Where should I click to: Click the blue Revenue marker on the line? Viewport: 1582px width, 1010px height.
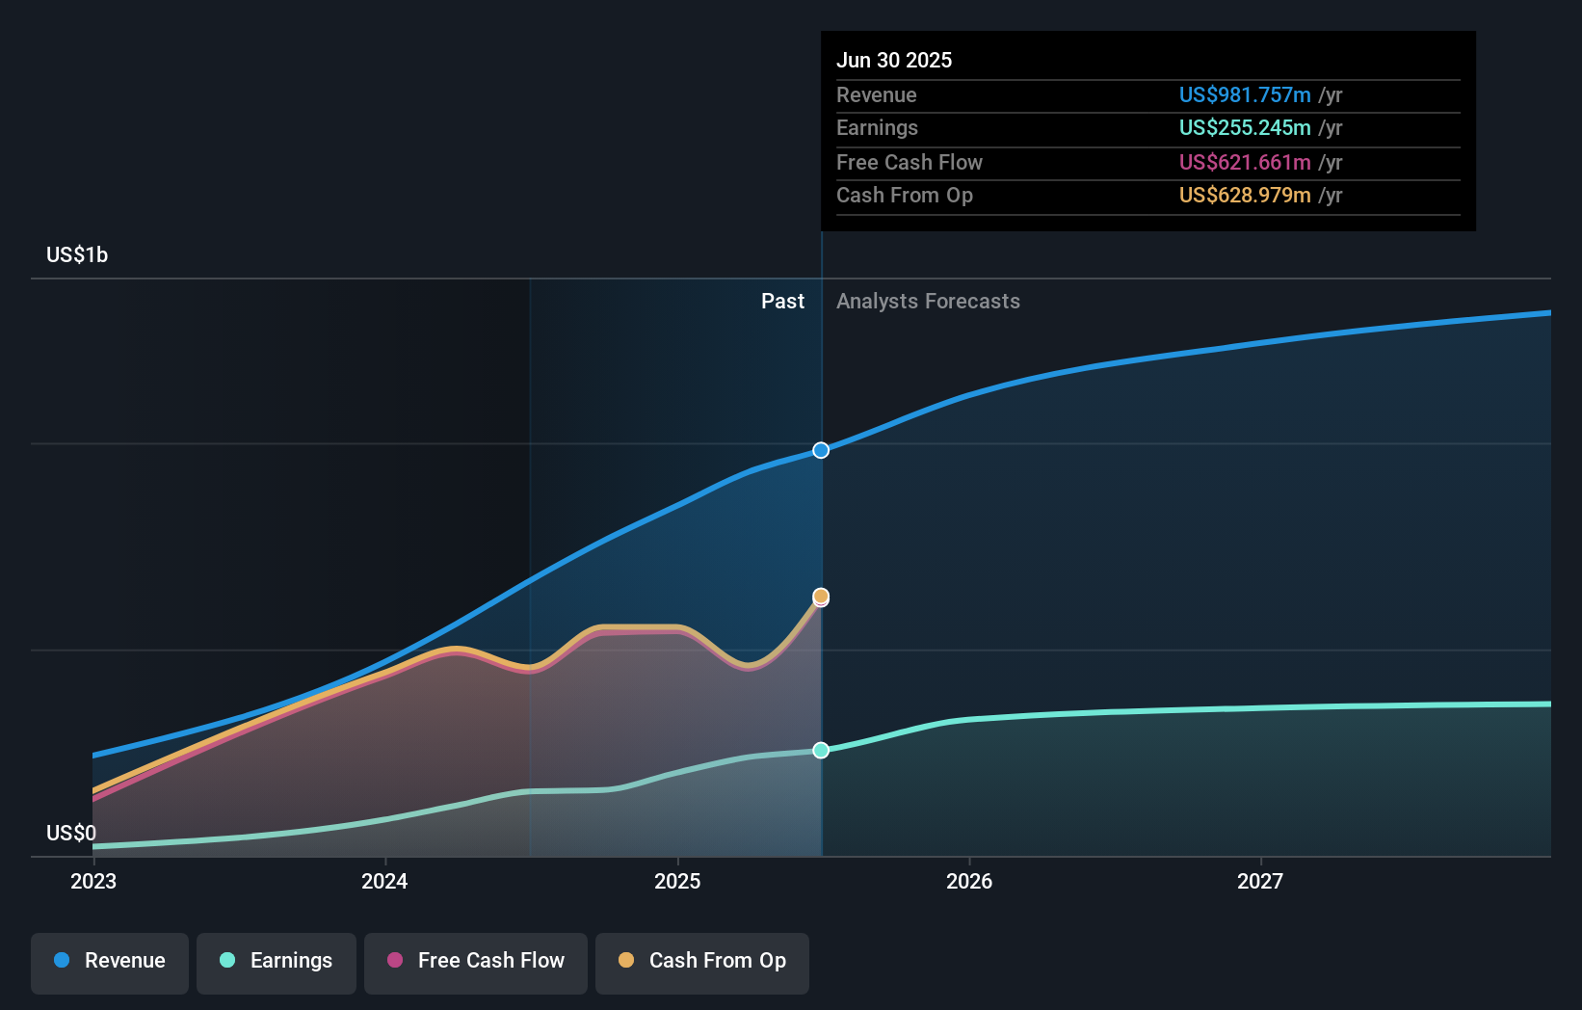tap(821, 450)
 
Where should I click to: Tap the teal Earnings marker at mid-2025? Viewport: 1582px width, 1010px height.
tap(821, 750)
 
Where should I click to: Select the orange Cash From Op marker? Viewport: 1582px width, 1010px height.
tap(821, 597)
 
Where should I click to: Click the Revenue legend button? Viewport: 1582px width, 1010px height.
tap(110, 961)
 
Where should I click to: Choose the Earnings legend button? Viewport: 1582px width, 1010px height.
tap(277, 961)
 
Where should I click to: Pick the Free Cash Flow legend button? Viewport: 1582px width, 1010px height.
tap(476, 961)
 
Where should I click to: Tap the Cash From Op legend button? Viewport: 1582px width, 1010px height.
tap(702, 961)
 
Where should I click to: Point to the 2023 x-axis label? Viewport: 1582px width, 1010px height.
tap(93, 881)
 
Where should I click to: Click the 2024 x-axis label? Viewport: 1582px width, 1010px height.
tap(384, 881)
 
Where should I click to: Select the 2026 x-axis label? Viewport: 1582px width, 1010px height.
tap(969, 881)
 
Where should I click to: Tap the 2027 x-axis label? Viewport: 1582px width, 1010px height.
tap(1260, 881)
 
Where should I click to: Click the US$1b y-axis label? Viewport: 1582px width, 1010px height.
tap(77, 254)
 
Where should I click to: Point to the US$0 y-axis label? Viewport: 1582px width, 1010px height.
tap(71, 833)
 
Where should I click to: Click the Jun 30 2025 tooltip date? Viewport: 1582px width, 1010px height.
tap(894, 60)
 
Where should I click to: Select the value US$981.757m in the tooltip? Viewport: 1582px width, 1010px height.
tap(1245, 94)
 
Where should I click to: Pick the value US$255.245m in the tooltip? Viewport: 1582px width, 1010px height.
tap(1245, 127)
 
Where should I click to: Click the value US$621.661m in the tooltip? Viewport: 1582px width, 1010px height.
tap(1245, 162)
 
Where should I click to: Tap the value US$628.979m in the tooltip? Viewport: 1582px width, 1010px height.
tap(1245, 195)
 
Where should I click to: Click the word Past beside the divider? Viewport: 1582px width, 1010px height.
tap(782, 301)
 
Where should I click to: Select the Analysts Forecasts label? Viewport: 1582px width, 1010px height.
tap(928, 301)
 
